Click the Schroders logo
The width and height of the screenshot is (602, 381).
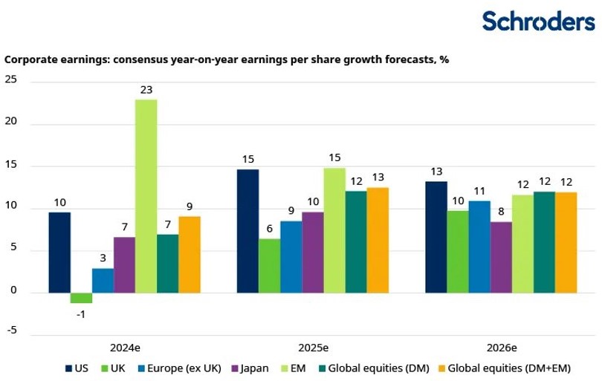coord(538,21)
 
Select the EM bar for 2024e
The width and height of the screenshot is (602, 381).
coord(146,196)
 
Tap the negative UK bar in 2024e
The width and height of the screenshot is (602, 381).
coord(81,298)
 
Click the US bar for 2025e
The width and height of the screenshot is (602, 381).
coord(247,231)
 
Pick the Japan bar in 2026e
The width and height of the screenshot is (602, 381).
coord(501,257)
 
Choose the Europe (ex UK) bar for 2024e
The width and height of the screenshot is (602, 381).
coord(103,280)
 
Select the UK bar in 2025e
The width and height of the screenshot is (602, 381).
coord(269,265)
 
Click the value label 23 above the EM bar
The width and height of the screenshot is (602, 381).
coord(146,90)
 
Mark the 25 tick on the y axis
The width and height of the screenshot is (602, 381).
coord(11,82)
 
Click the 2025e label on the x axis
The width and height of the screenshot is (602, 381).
coord(314,347)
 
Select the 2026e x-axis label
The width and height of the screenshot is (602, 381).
coord(502,347)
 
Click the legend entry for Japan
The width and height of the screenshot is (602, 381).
coord(250,368)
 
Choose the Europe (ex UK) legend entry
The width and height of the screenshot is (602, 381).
coord(183,368)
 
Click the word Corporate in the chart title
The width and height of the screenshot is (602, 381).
coord(29,59)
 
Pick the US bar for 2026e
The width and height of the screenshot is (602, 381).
coord(436,237)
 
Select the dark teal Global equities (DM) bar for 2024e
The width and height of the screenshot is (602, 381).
coord(168,264)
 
